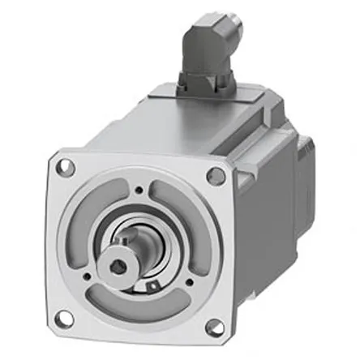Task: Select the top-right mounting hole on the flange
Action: coord(216,175)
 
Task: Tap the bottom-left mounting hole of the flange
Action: coord(66,317)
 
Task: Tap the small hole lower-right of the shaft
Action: coord(189,283)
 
